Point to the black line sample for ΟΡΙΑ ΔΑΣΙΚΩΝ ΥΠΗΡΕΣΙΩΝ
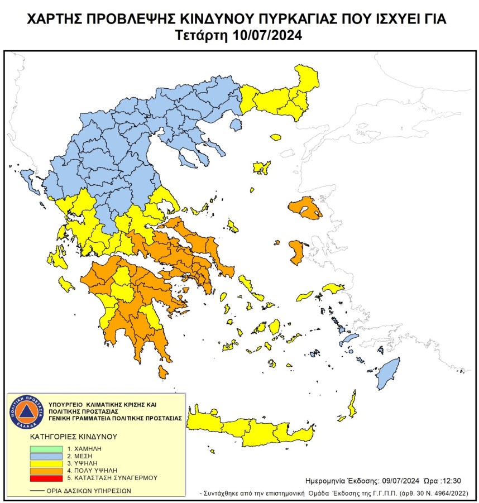pyautogui.click(x=38, y=490)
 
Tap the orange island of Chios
pyautogui.click(x=296, y=252)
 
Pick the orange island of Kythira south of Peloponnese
pyautogui.click(x=163, y=371)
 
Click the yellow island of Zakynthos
pyautogui.click(x=66, y=286)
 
